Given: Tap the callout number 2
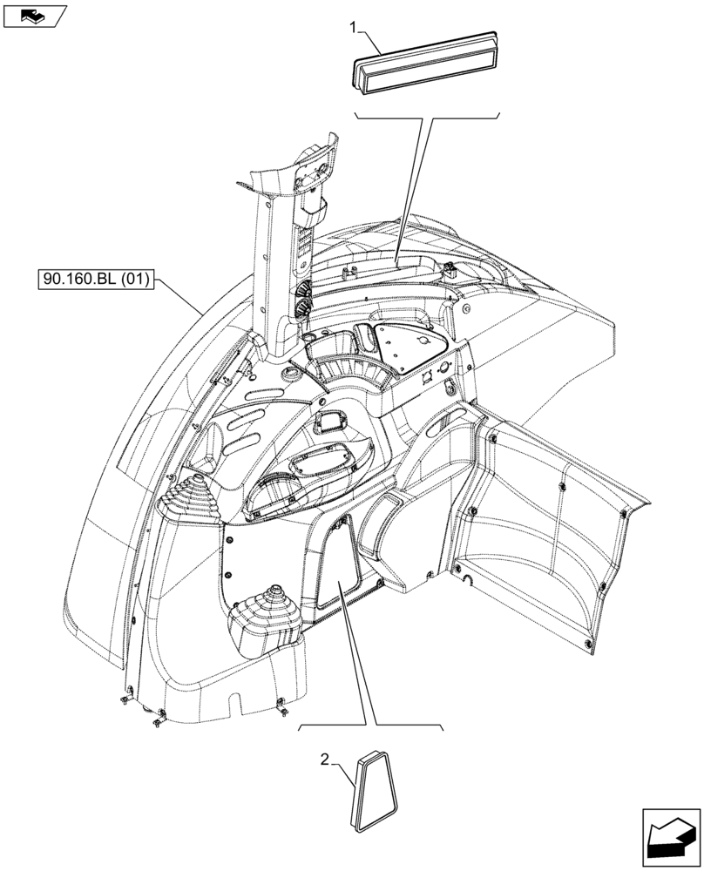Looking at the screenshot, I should (325, 760).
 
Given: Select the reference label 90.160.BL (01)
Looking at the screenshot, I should (96, 280).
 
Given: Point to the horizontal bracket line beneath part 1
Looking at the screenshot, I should (427, 115).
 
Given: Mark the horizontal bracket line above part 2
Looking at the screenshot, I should (371, 726).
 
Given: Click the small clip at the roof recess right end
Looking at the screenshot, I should (450, 269).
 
